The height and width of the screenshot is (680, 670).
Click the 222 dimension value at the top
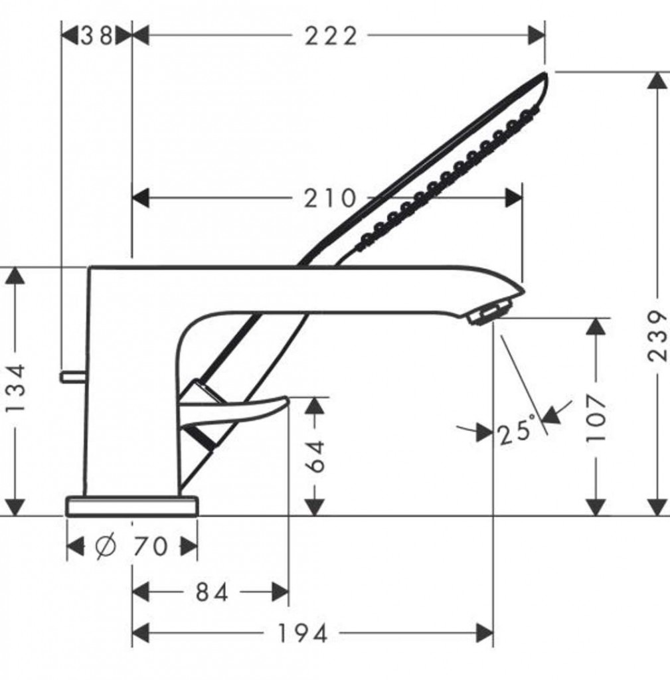[331, 36]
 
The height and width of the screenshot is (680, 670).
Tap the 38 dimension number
[96, 36]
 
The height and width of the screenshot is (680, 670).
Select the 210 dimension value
[329, 199]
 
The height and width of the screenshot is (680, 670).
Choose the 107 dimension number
[596, 418]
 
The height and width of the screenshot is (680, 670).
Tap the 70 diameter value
[150, 547]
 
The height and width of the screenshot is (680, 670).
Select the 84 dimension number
[212, 592]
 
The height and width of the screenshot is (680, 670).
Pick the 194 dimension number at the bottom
[302, 634]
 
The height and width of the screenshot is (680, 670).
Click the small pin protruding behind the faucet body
[72, 377]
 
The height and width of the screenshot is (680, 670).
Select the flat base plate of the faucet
[132, 506]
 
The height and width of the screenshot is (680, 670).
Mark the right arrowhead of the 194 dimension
[485, 633]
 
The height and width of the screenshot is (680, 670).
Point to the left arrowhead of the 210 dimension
[141, 199]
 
